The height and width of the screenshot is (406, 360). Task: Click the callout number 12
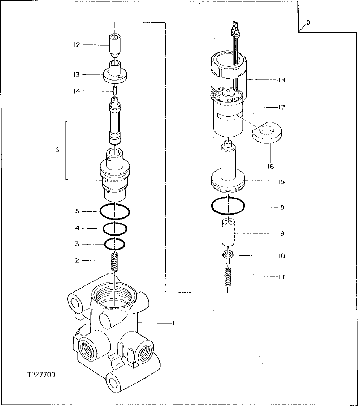click(76, 45)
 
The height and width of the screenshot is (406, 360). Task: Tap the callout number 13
click(76, 74)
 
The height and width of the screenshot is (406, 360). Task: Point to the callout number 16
click(270, 166)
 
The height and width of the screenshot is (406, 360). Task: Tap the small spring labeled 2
click(114, 262)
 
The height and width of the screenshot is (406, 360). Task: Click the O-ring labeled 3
click(114, 244)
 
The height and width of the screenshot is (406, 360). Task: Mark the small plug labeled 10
click(228, 256)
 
